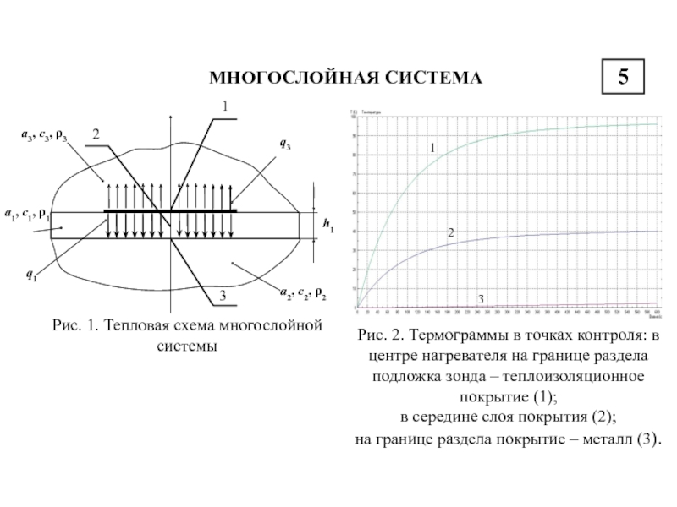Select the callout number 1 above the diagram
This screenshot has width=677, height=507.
[224, 106]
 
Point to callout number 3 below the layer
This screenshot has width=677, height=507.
[223, 296]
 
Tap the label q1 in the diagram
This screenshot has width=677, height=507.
[31, 275]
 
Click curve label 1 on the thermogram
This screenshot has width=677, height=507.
[432, 148]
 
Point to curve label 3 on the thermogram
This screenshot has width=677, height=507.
[481, 300]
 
